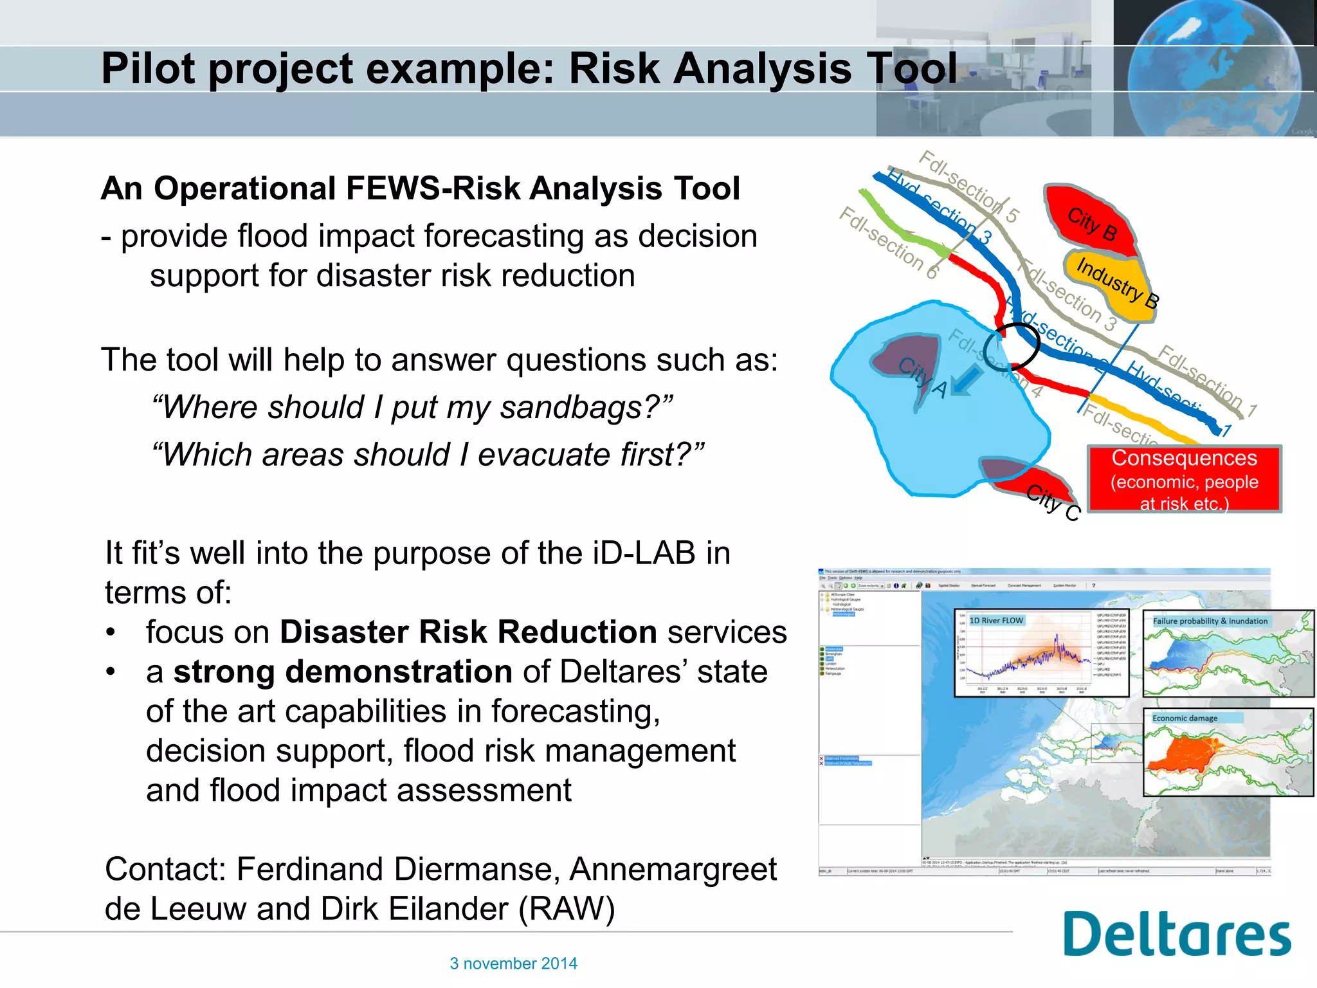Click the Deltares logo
click(x=1177, y=934)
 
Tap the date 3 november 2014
click(x=513, y=964)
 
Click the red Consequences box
click(x=1184, y=480)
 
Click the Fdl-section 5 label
click(x=968, y=186)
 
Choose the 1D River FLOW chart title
click(x=996, y=621)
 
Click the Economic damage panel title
click(x=1185, y=718)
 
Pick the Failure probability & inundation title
click(x=1210, y=621)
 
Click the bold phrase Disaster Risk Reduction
click(x=468, y=632)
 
